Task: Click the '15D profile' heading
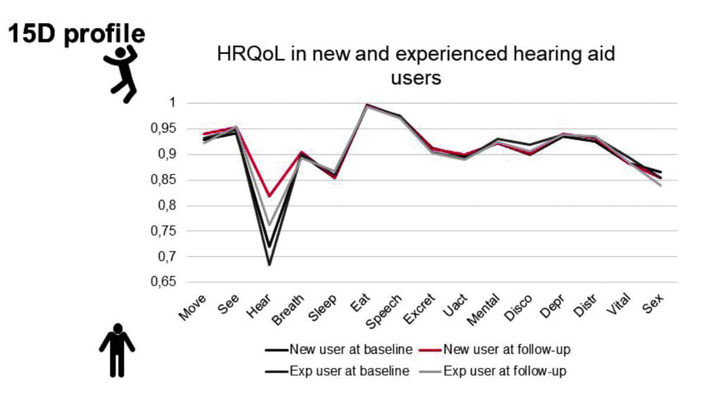[x=76, y=34]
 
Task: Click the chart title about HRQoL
[x=416, y=65]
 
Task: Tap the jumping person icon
[x=122, y=74]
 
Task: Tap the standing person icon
[x=117, y=350]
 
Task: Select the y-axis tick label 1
[x=173, y=103]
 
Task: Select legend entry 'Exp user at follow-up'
[x=506, y=372]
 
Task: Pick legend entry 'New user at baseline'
[x=351, y=349]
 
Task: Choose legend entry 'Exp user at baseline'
[x=350, y=372]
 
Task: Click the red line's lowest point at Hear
[x=269, y=196]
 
